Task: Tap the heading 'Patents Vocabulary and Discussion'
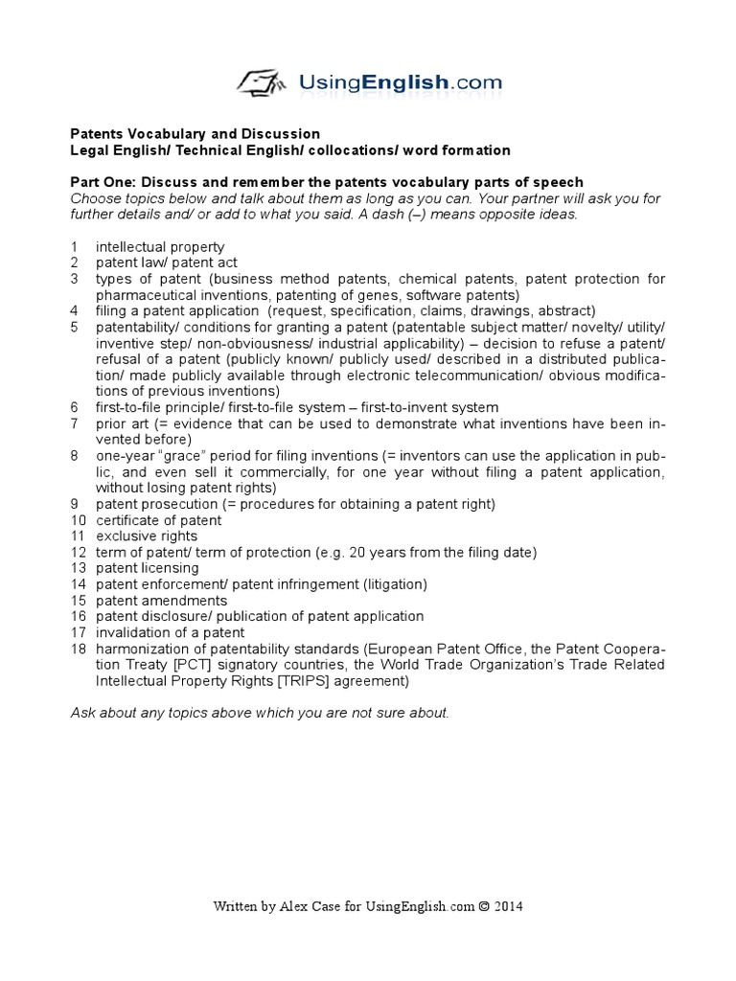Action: click(x=195, y=134)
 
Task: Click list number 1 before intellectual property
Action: click(x=74, y=246)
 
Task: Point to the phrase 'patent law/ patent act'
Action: click(x=166, y=262)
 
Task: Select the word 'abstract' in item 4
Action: click(x=566, y=310)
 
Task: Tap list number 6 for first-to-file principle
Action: click(x=74, y=407)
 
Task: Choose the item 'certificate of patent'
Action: click(x=158, y=520)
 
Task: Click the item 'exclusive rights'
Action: click(x=146, y=536)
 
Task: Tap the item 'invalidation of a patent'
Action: click(x=170, y=632)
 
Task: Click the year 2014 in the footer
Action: click(x=507, y=905)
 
